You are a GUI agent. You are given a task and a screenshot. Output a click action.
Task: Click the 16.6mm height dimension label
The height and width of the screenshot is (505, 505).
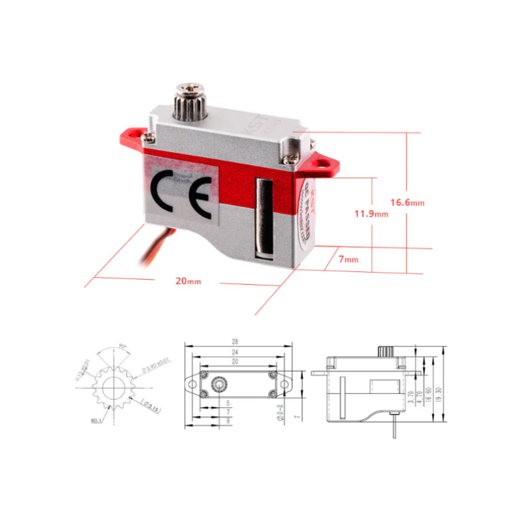[x=407, y=203]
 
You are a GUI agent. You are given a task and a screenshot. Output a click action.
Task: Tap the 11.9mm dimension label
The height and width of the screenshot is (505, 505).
[x=371, y=214]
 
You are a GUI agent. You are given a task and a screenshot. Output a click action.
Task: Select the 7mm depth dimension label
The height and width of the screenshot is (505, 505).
[x=348, y=259]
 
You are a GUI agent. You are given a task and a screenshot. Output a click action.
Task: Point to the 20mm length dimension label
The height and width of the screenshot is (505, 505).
[x=188, y=281]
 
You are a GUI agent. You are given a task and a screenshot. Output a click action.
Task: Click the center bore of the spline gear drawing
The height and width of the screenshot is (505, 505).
[x=115, y=388]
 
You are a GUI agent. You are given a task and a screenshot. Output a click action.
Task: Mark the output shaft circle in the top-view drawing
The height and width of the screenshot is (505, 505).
[x=219, y=383]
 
